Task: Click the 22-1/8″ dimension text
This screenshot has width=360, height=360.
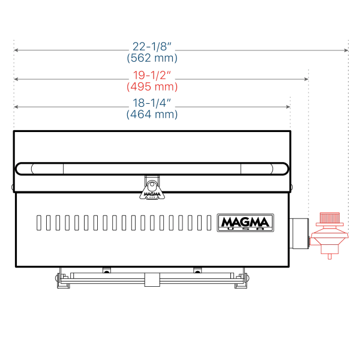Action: tap(152, 46)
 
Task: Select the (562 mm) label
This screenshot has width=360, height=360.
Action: tap(152, 58)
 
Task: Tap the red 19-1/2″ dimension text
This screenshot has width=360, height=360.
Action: tap(152, 75)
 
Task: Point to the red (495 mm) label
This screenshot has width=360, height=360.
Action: tap(152, 86)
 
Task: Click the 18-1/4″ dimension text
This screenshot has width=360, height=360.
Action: tap(152, 103)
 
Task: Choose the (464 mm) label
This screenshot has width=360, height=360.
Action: tap(152, 114)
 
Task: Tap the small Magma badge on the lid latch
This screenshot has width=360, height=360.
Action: tap(152, 193)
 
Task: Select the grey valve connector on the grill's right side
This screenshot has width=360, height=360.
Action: tap(299, 233)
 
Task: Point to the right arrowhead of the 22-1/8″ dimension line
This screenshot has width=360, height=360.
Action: tap(346, 50)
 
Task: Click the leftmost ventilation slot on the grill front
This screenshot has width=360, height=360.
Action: tap(40, 223)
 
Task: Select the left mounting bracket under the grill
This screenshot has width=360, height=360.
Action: tap(60, 280)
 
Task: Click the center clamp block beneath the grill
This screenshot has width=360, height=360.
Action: tap(151, 280)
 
